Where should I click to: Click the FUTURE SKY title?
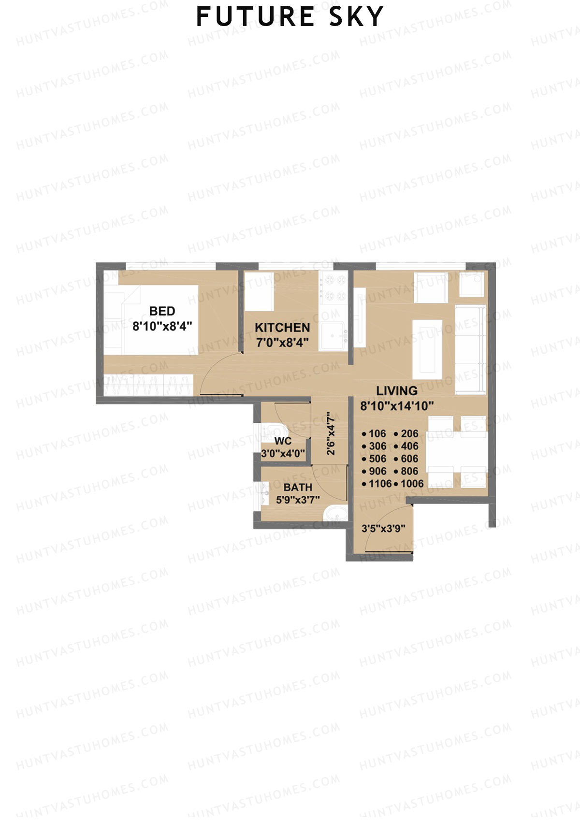290,17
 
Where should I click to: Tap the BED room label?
162,311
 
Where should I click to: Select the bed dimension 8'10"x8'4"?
162,326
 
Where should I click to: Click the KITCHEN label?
282,328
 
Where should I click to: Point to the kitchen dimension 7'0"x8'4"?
282,343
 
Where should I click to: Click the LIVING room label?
397,391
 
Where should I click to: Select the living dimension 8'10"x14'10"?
397,406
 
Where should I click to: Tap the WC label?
283,441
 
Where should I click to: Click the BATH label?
298,487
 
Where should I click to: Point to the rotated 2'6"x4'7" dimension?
331,433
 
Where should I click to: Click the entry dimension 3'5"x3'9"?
383,529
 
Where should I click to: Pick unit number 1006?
411,484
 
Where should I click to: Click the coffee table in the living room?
427,349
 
